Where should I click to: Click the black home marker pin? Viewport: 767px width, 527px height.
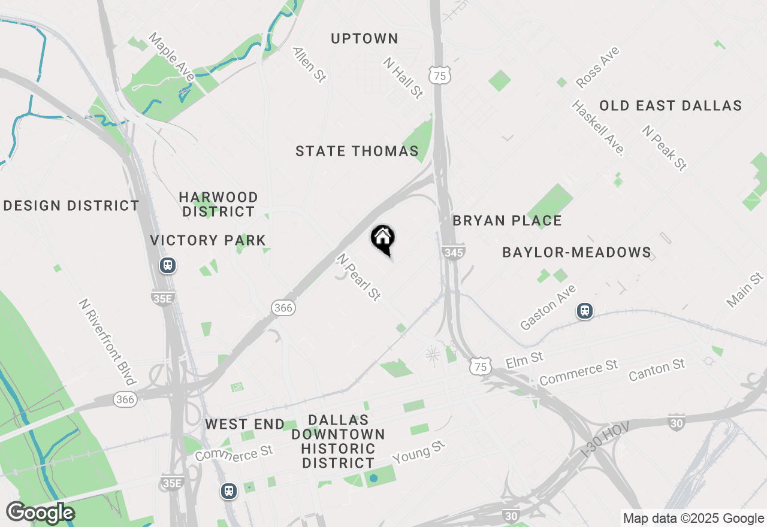383,239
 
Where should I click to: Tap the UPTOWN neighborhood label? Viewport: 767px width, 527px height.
364,39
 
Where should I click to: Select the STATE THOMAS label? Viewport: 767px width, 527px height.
357,152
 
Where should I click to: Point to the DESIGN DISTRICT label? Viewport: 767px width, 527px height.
71,206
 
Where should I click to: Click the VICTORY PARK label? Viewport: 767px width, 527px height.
208,241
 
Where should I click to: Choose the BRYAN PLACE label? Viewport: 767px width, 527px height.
507,221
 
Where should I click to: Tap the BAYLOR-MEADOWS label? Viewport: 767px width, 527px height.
576,253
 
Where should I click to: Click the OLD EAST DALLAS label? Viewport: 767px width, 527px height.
671,106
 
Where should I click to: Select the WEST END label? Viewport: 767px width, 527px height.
244,425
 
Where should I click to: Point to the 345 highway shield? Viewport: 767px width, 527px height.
454,253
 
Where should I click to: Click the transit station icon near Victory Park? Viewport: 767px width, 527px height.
168,265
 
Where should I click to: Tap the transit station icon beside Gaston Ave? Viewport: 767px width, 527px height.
585,311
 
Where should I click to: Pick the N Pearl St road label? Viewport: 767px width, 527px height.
359,277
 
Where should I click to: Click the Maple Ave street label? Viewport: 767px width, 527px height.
171,57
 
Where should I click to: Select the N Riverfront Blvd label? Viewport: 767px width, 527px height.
107,342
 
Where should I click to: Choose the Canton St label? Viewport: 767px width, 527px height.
657,371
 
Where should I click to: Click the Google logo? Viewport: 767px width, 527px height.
40,513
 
